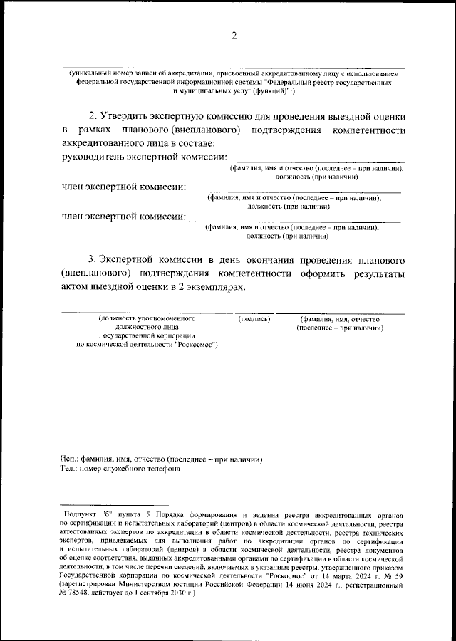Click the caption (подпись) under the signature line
[254, 319]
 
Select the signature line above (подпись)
[254, 313]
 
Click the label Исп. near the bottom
[68, 459]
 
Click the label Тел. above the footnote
[68, 469]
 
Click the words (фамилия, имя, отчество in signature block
[340, 319]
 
